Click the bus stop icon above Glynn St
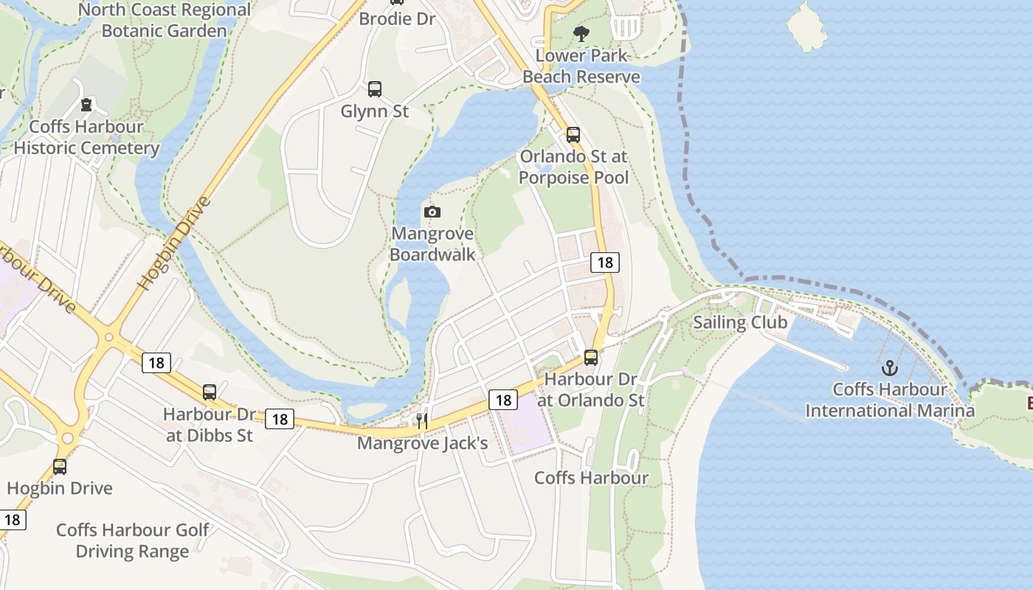tap(375, 89)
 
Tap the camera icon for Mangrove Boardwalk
tap(432, 212)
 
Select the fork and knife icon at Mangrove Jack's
tap(422, 421)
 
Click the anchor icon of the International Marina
tap(890, 367)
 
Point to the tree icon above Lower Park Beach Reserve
tap(581, 33)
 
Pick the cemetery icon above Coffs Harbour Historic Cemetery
tap(86, 105)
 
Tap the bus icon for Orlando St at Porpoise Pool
tap(573, 135)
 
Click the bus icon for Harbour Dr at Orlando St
tap(591, 358)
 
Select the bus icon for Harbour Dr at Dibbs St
tap(210, 392)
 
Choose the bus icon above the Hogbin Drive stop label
tap(60, 467)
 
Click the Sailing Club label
tap(740, 322)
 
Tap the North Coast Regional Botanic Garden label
tap(164, 21)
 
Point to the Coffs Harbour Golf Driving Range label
tap(133, 541)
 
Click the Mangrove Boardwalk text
tap(432, 244)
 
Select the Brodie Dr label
tap(398, 18)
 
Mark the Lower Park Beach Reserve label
tap(581, 66)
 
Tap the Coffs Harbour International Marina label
tap(890, 400)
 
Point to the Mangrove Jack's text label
tap(423, 443)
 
